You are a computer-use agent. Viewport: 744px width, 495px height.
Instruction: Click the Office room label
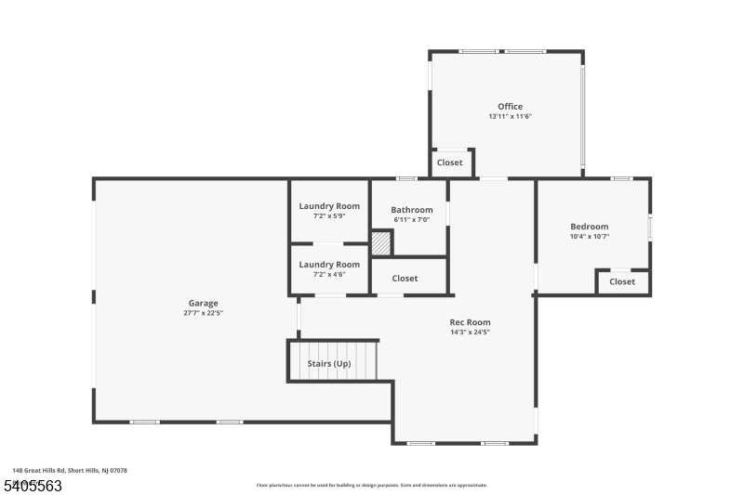click(x=510, y=107)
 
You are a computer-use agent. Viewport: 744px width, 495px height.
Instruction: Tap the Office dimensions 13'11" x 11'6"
click(x=510, y=117)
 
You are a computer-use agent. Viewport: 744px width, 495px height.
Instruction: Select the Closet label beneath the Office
click(x=450, y=163)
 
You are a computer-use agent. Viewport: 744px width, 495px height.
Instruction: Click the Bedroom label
click(x=589, y=227)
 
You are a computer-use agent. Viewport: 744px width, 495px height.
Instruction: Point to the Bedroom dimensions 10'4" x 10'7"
click(x=589, y=237)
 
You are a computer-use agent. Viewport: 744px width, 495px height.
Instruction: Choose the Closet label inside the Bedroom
click(x=622, y=281)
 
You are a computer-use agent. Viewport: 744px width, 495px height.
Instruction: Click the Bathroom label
click(x=411, y=210)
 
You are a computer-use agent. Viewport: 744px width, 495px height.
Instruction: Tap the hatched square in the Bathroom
click(x=381, y=243)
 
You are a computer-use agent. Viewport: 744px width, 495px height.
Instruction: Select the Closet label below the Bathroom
click(x=405, y=279)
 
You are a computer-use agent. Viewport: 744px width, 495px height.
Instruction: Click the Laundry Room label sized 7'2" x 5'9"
click(x=329, y=206)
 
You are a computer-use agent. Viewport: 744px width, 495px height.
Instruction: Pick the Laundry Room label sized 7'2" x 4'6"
click(x=329, y=265)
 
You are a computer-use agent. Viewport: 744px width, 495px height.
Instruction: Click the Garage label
click(x=203, y=303)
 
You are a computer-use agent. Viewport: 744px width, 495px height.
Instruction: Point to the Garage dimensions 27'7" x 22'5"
click(x=203, y=313)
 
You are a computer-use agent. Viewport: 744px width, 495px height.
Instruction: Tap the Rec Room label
click(x=470, y=322)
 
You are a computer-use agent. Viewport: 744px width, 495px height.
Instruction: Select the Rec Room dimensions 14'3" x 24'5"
click(x=470, y=332)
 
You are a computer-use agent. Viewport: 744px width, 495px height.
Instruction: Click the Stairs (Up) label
click(x=329, y=363)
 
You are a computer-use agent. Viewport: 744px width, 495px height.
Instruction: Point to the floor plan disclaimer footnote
click(x=371, y=485)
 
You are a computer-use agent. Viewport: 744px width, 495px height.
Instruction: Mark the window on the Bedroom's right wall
click(x=650, y=228)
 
